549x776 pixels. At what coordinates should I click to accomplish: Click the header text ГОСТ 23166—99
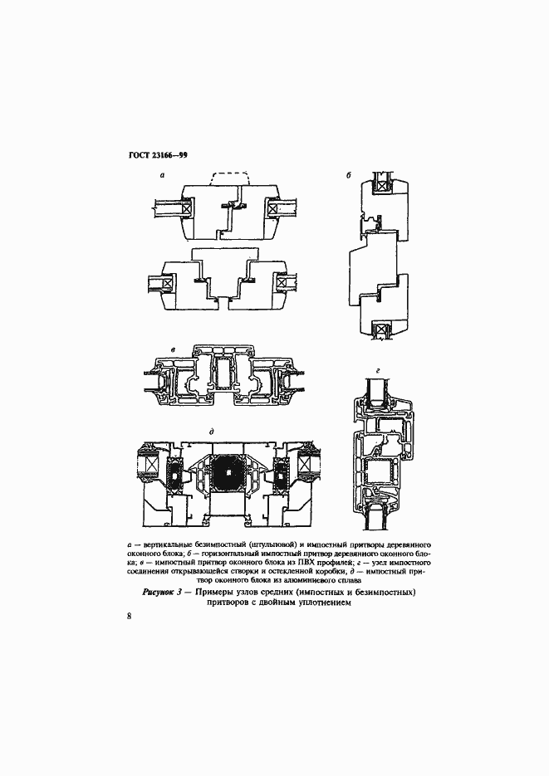click(x=159, y=155)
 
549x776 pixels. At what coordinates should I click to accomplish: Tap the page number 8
click(x=130, y=616)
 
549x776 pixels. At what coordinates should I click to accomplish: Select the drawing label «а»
click(x=162, y=174)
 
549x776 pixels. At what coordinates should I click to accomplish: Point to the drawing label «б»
click(x=349, y=174)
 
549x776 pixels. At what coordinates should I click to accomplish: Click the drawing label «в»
click(x=172, y=350)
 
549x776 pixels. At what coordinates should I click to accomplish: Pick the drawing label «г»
click(x=378, y=369)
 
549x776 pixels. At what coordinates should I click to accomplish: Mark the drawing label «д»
click(x=211, y=432)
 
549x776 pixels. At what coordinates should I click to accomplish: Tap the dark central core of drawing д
click(x=228, y=473)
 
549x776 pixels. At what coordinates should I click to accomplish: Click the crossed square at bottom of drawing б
click(x=380, y=329)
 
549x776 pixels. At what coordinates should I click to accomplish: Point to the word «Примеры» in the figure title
click(x=215, y=593)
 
